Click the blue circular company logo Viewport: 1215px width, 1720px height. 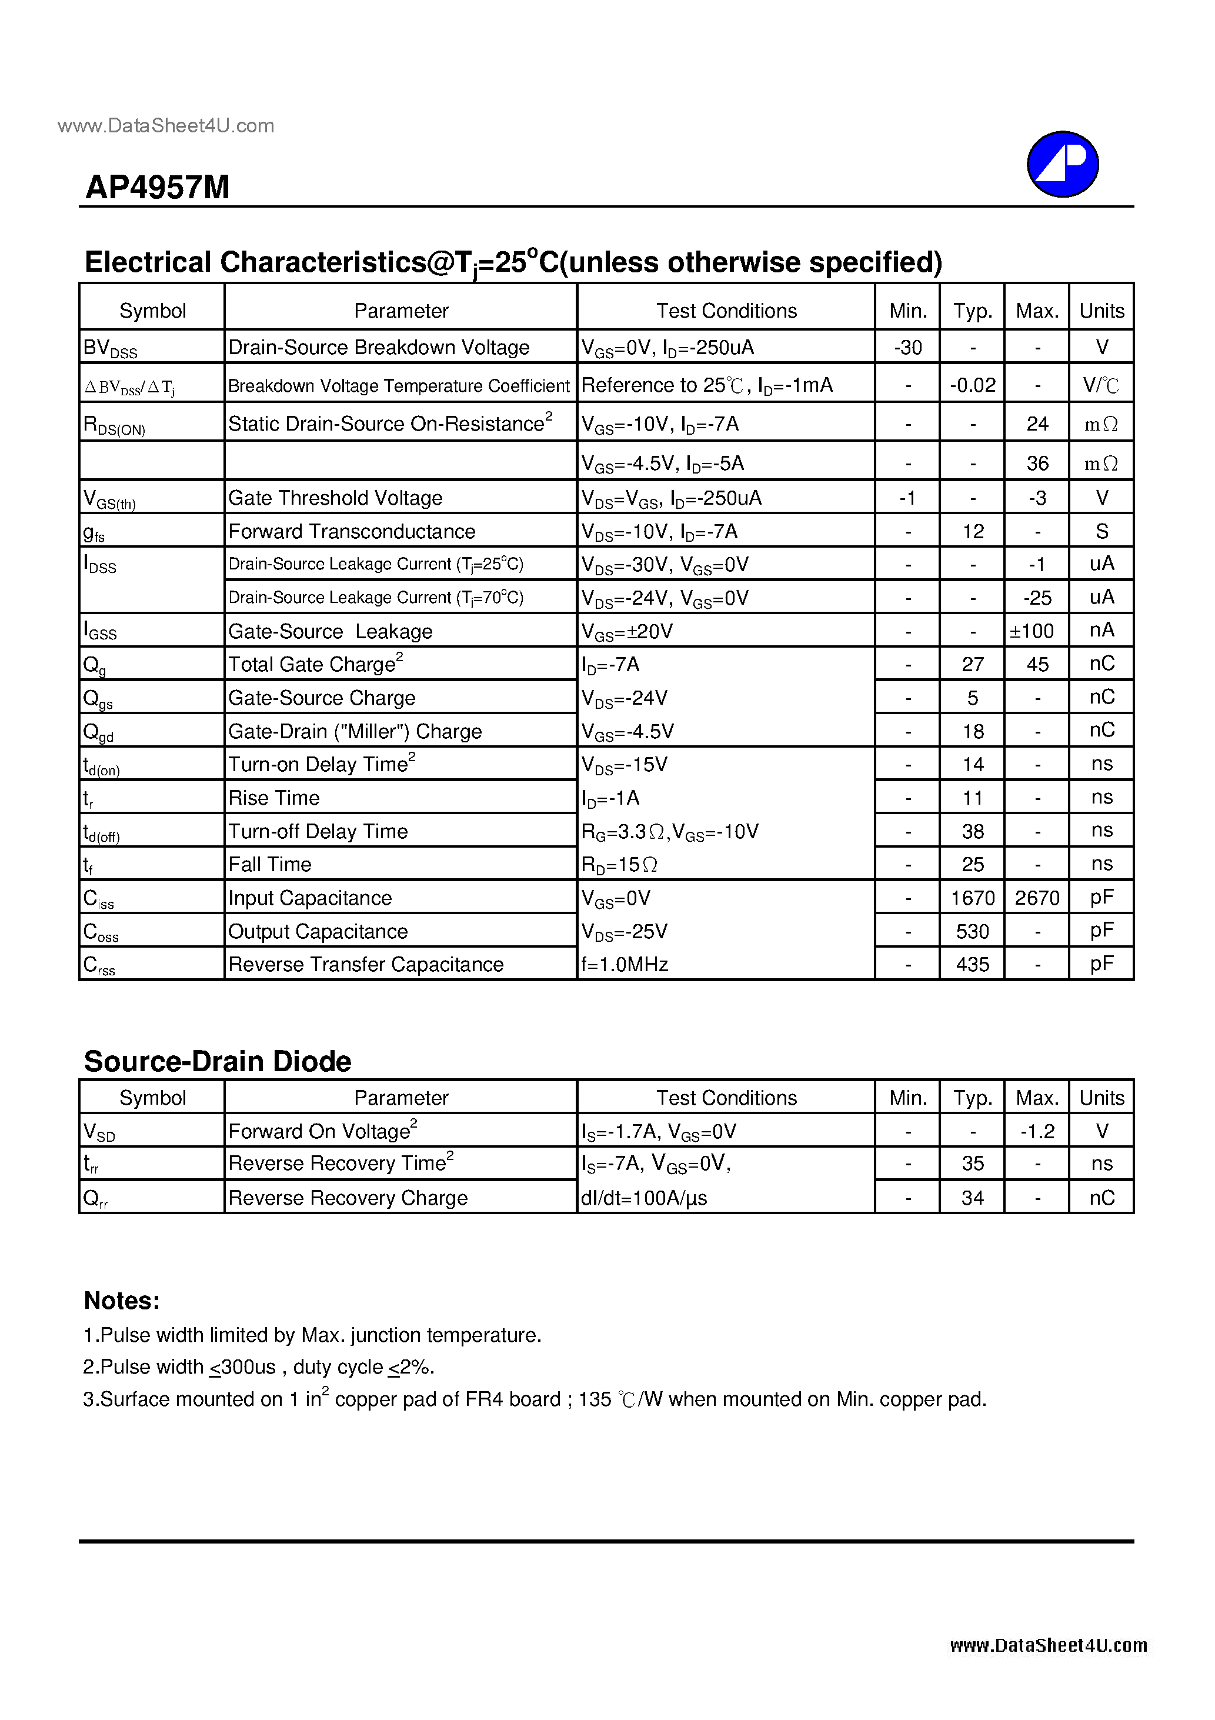[x=1062, y=164]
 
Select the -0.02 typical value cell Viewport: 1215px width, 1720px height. [x=972, y=385]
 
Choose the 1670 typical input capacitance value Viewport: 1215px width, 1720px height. [x=972, y=898]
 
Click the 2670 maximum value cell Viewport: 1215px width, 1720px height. [x=1037, y=898]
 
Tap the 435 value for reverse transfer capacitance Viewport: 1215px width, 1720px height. [x=972, y=965]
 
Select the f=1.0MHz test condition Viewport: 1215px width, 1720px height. [x=625, y=965]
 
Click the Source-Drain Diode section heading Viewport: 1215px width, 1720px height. [x=217, y=1062]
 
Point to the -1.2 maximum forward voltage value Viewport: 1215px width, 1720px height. [x=1037, y=1132]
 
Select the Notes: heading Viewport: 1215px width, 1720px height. [x=121, y=1301]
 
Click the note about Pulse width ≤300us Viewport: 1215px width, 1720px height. [x=258, y=1368]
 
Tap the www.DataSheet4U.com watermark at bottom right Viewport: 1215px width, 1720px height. [x=1048, y=1646]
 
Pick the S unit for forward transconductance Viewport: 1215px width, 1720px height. [x=1101, y=532]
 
